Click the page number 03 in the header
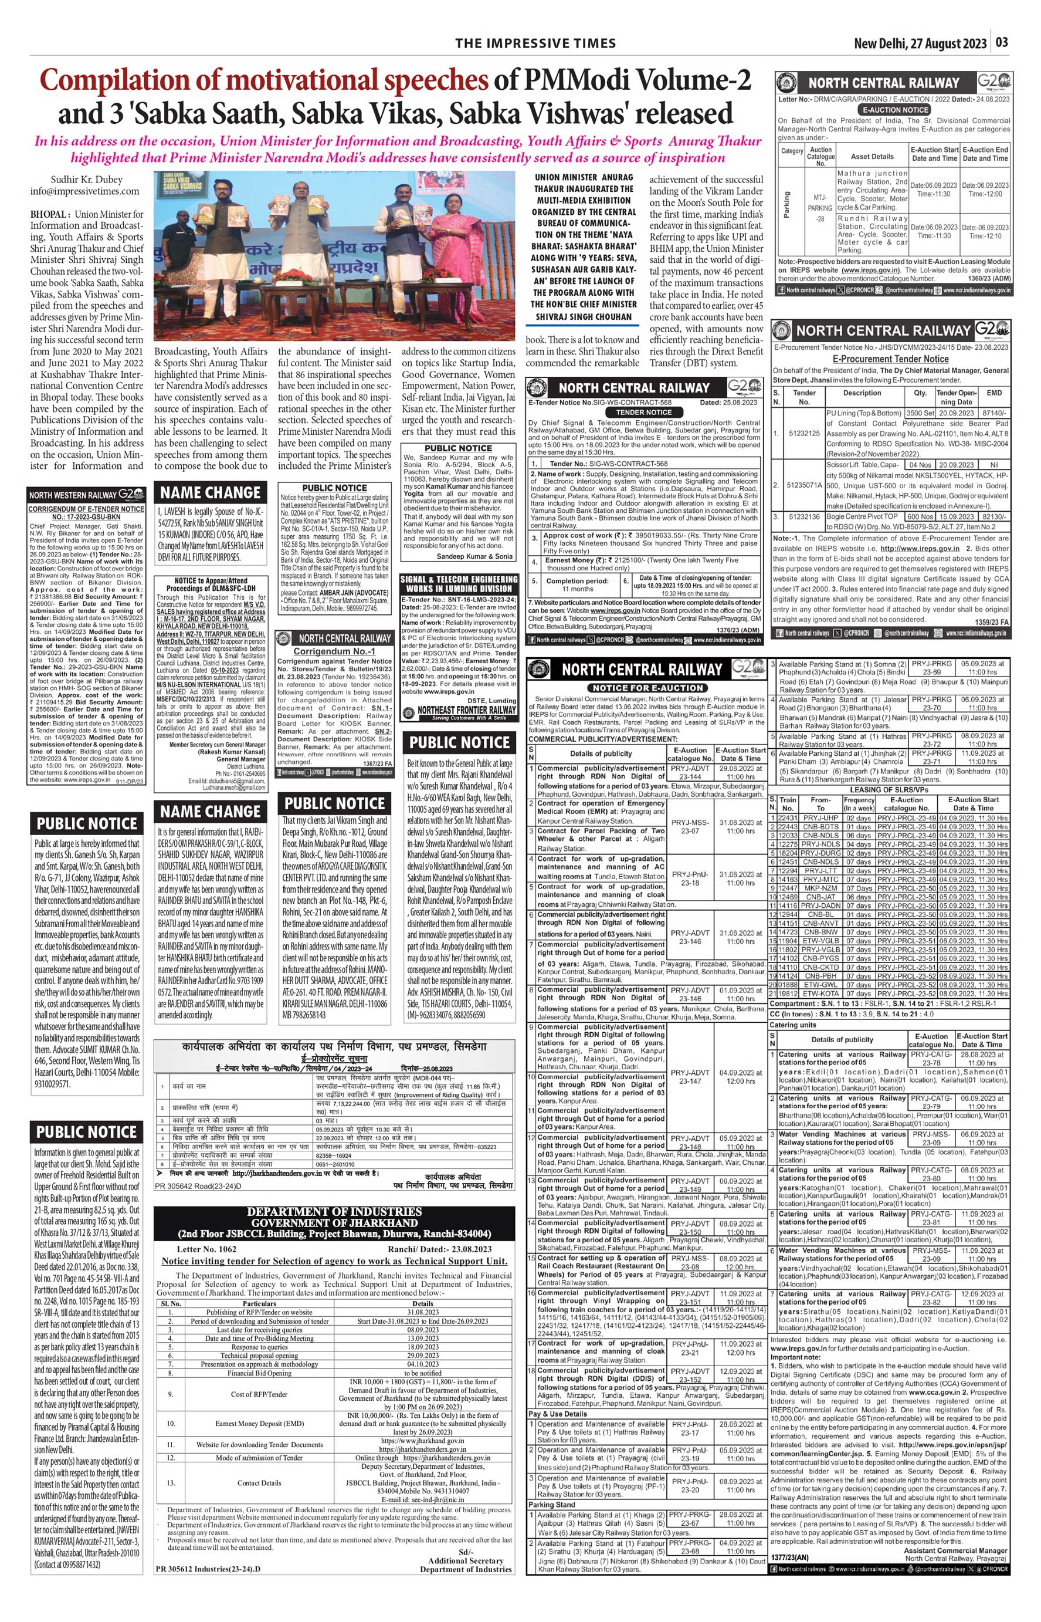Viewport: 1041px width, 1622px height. pyautogui.click(x=1001, y=42)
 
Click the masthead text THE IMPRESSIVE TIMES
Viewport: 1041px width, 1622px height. pyautogui.click(x=535, y=43)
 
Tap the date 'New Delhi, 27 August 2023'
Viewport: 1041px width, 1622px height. pyautogui.click(x=920, y=43)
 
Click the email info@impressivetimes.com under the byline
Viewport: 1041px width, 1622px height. pyautogui.click(x=84, y=191)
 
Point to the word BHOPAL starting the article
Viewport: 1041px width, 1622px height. pyautogui.click(x=47, y=214)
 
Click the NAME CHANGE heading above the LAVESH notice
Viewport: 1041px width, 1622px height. pyautogui.click(x=210, y=492)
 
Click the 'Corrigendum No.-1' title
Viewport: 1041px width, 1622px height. pyautogui.click(x=335, y=651)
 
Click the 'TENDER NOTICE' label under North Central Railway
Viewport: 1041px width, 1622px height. pyautogui.click(x=643, y=412)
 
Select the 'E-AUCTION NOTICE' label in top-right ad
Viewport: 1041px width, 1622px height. pyautogui.click(x=894, y=110)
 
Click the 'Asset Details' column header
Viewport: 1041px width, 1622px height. pyautogui.click(x=872, y=156)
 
